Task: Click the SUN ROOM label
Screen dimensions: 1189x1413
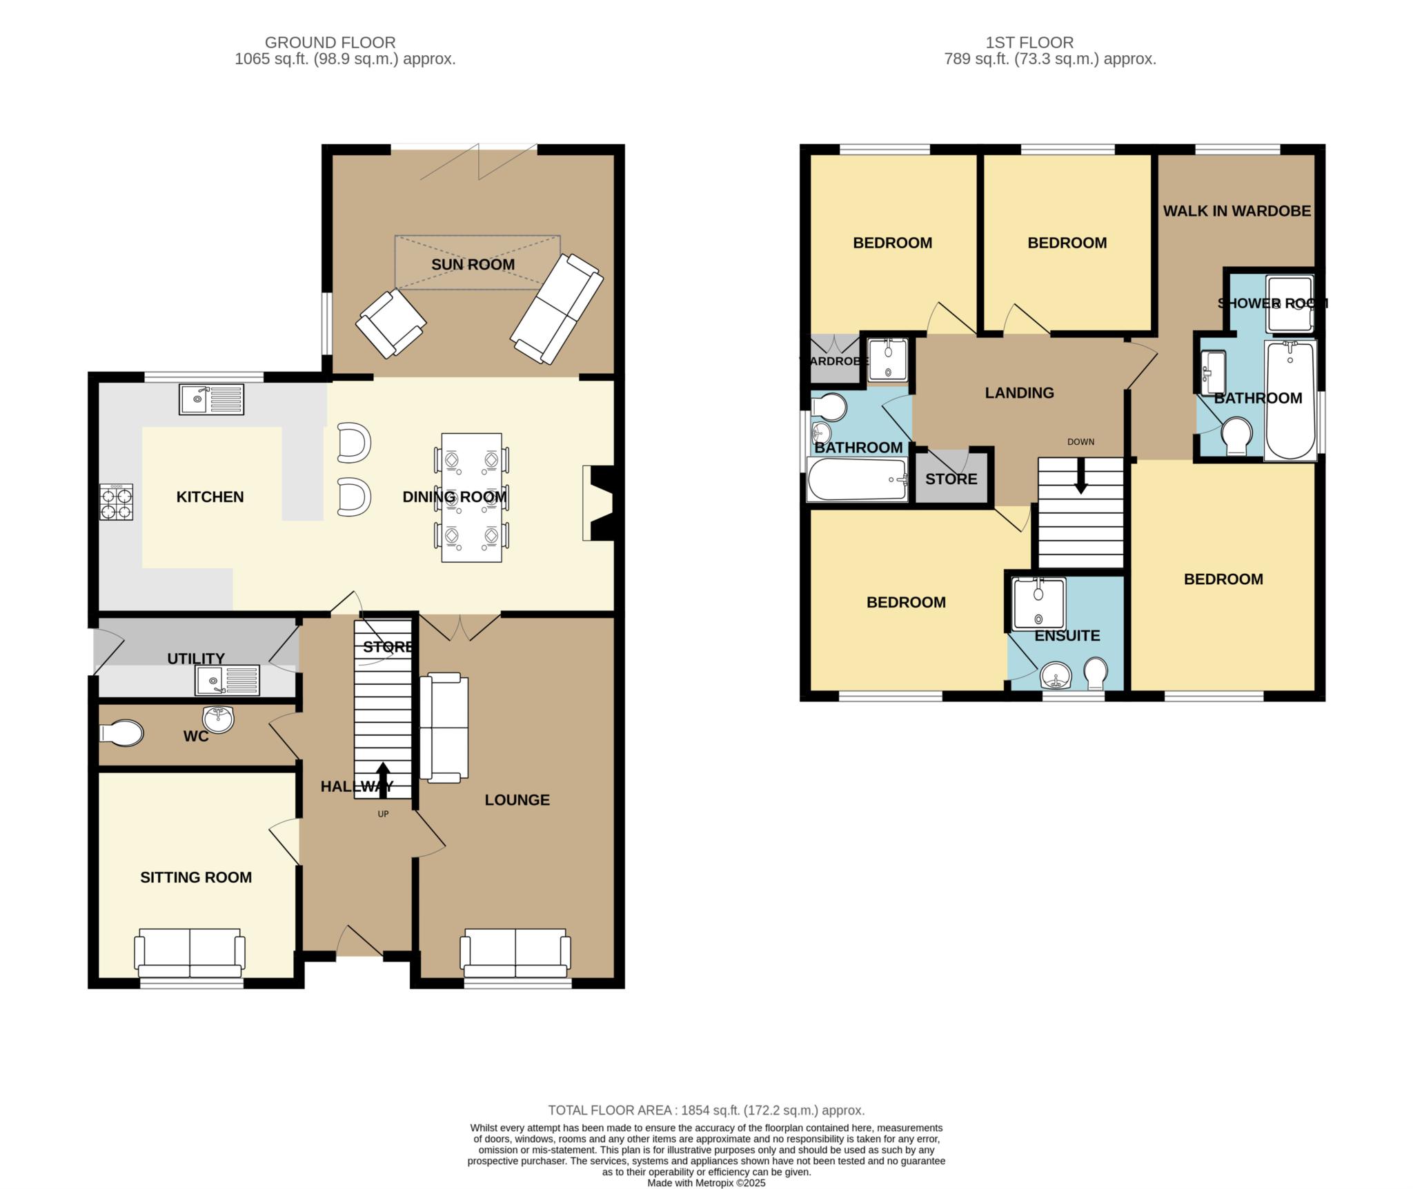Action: (x=473, y=265)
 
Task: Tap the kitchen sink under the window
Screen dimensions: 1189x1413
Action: (x=211, y=399)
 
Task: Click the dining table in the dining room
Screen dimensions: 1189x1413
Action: (x=471, y=497)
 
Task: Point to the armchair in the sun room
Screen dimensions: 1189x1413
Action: (x=391, y=323)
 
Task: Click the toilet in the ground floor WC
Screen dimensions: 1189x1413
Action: (x=121, y=733)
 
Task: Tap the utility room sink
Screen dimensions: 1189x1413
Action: (x=228, y=680)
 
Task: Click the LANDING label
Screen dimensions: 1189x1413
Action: (x=1019, y=393)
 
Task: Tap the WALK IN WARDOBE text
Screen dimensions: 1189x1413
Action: (x=1236, y=211)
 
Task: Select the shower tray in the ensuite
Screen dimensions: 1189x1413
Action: (x=1038, y=603)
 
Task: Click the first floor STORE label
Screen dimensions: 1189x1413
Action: (x=951, y=479)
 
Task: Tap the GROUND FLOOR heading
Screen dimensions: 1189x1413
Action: (x=330, y=43)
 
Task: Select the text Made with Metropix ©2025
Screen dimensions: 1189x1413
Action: (x=706, y=1183)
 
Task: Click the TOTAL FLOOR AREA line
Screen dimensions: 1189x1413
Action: (x=706, y=1110)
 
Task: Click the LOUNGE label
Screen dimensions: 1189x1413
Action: (x=517, y=800)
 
